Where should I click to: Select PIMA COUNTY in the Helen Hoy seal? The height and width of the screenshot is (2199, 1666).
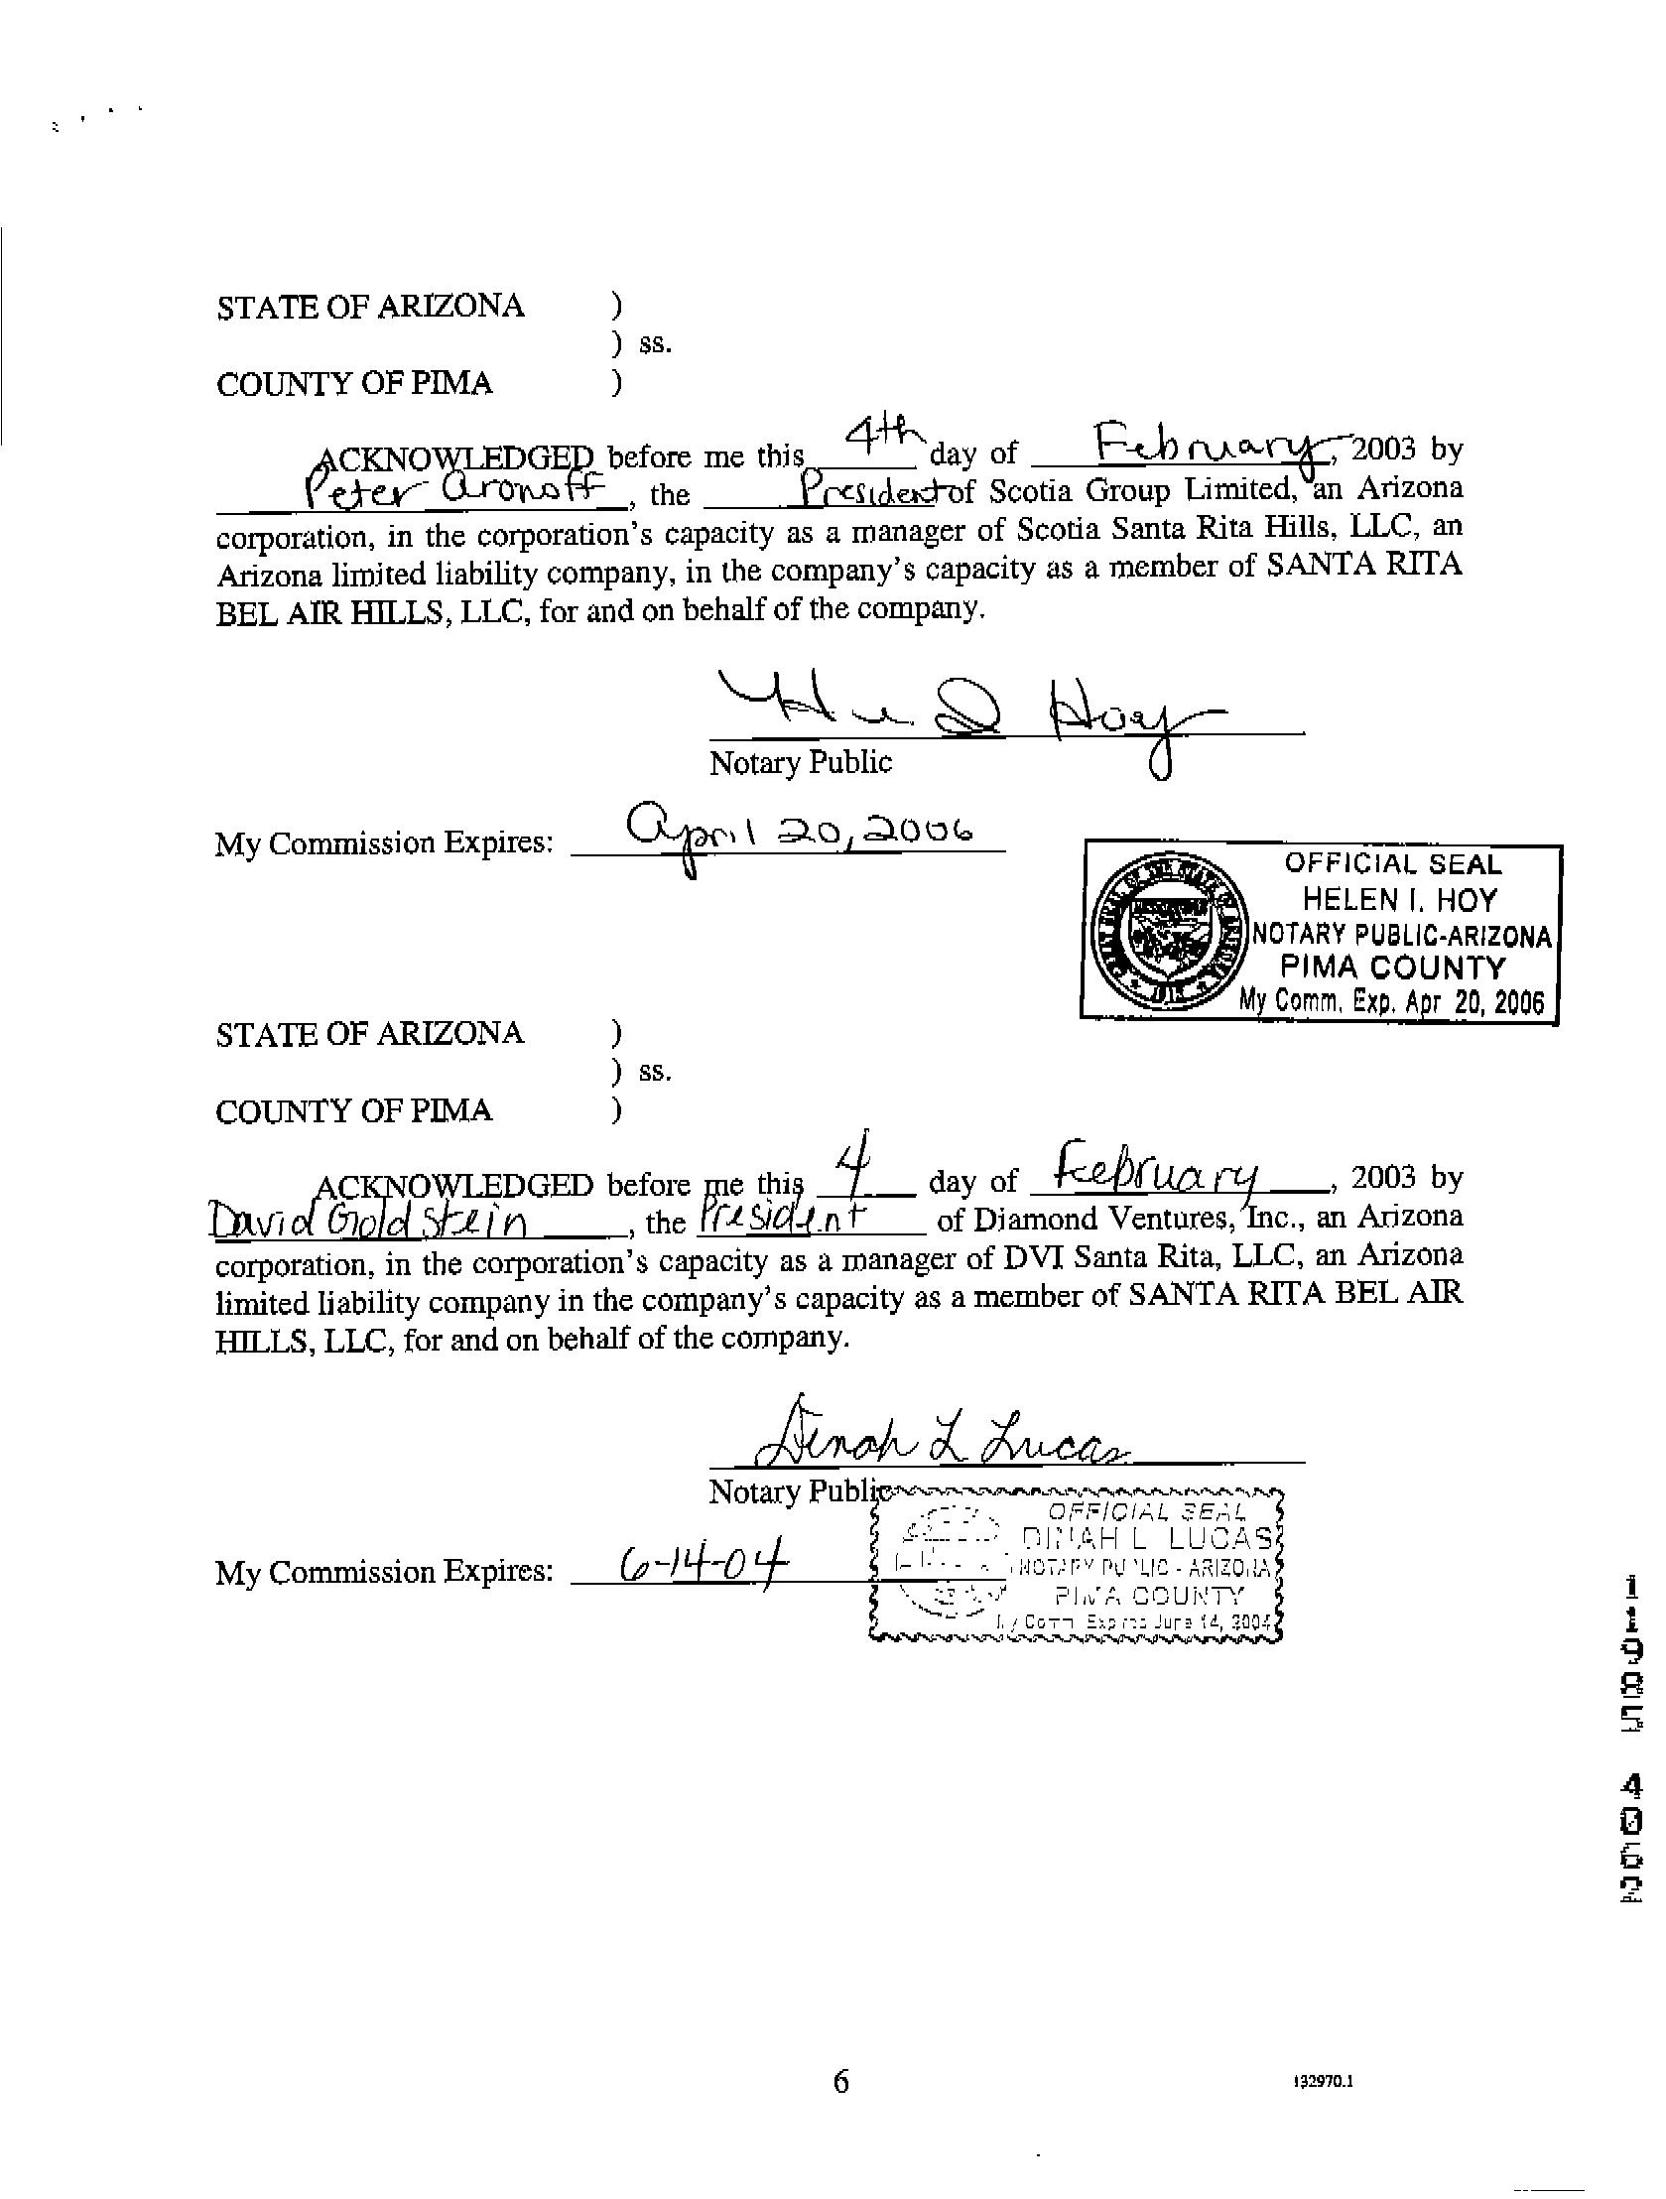click(1393, 968)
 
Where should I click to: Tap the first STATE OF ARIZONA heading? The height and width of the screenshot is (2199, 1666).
click(370, 307)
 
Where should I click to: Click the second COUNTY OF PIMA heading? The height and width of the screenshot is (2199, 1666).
click(354, 1110)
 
